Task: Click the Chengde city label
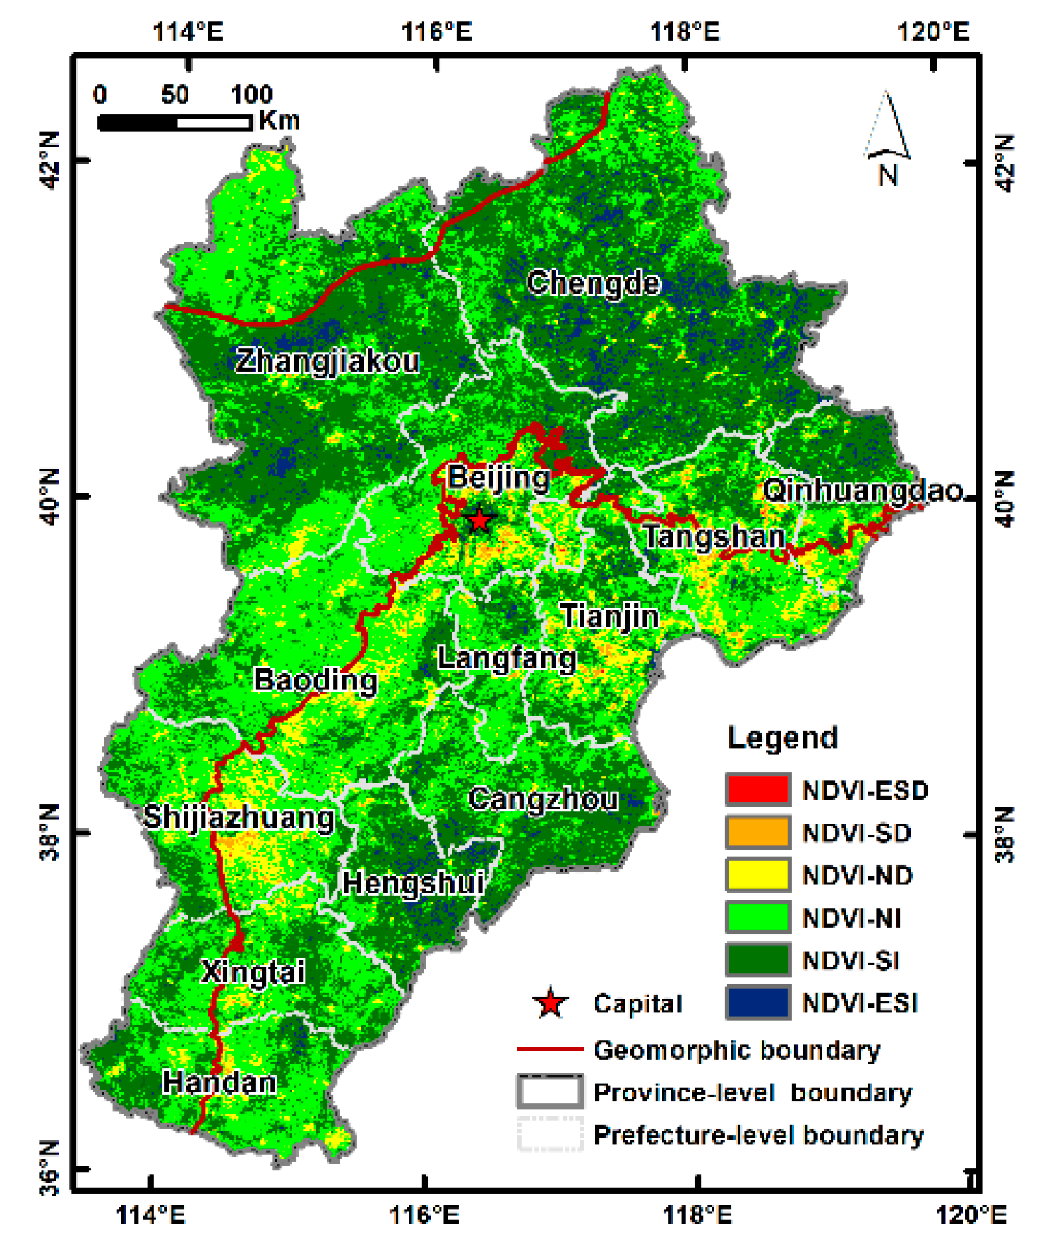click(594, 283)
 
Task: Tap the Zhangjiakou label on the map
click(327, 361)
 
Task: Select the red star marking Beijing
click(479, 520)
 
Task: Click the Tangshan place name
click(714, 536)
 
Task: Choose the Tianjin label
click(610, 616)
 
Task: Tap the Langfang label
click(507, 658)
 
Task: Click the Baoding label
click(316, 680)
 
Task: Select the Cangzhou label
click(543, 799)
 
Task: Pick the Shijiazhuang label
click(239, 817)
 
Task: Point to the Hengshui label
click(414, 883)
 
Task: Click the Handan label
click(219, 1082)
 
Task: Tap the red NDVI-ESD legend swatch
click(757, 790)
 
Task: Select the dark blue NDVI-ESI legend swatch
click(757, 1003)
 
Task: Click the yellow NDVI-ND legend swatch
click(757, 875)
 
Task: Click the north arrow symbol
click(887, 131)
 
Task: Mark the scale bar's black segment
click(138, 123)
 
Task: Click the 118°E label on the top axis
click(684, 32)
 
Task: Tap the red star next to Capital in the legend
click(550, 1003)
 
